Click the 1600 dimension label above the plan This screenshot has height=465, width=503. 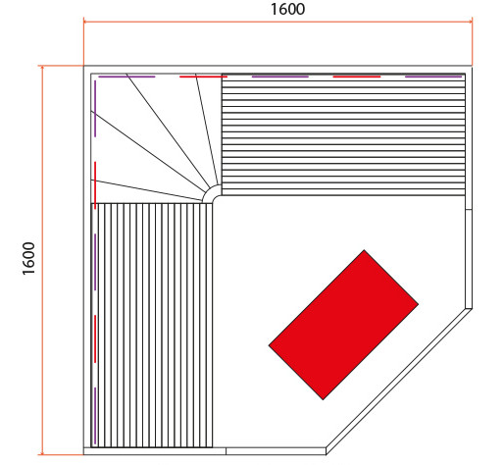tap(287, 9)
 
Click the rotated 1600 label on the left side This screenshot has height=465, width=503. tap(28, 258)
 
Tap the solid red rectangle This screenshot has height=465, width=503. tap(343, 325)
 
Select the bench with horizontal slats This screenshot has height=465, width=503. tap(343, 134)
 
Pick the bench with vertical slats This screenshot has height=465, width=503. tap(152, 325)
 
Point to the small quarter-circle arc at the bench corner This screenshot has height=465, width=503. tap(211, 191)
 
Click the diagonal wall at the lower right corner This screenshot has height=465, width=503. tap(399, 382)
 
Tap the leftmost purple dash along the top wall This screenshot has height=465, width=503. tap(126, 77)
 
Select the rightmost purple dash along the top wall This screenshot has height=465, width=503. tap(433, 77)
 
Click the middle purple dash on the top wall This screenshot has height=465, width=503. tap(280, 77)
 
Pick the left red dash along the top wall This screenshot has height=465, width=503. tap(203, 77)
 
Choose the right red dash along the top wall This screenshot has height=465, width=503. tap(357, 77)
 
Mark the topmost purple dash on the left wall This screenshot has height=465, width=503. tap(95, 108)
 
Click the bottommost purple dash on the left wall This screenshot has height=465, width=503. tap(95, 416)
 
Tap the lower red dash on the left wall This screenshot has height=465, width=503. tap(95, 338)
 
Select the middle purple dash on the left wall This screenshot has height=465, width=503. tap(95, 262)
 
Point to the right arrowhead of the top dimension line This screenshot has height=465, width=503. tap(471, 22)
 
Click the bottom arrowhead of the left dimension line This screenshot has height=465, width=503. tap(42, 452)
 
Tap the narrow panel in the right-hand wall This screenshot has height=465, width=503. tap(469, 259)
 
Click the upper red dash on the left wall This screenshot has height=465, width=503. tap(95, 185)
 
